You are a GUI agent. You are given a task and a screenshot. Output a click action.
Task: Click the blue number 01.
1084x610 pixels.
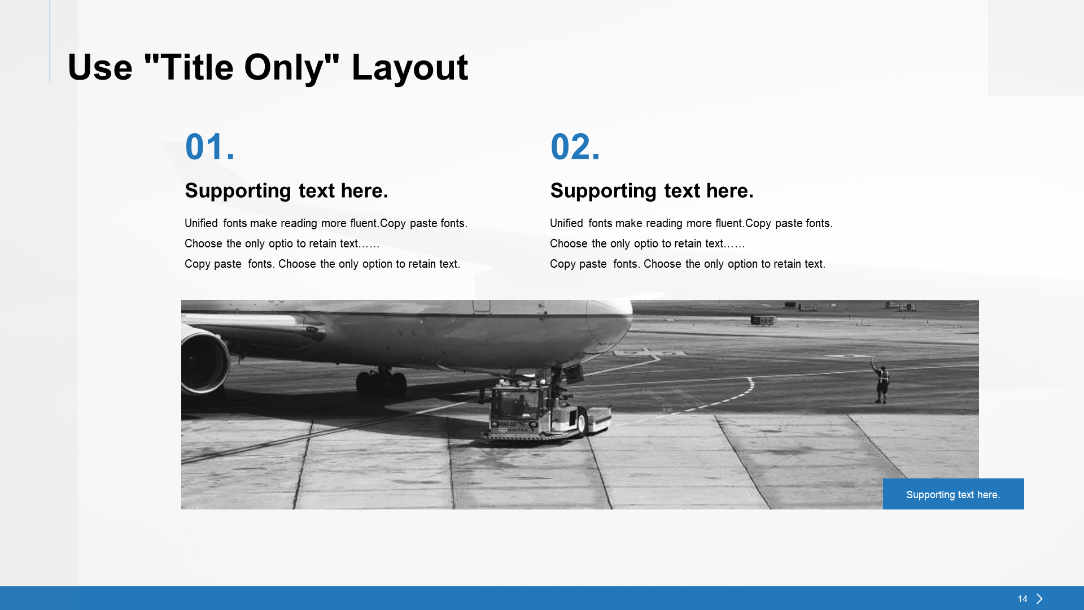pyautogui.click(x=209, y=147)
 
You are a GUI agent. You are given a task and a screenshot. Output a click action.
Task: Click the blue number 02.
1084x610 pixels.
pyautogui.click(x=575, y=147)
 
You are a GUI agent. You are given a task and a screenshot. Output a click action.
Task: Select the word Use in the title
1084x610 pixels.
pyautogui.click(x=100, y=68)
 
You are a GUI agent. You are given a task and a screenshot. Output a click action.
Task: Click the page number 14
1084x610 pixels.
pyautogui.click(x=1022, y=599)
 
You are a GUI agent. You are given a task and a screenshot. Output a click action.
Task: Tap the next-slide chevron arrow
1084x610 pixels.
pyautogui.click(x=1040, y=599)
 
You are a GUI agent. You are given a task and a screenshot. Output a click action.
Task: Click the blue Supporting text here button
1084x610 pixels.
pyautogui.click(x=953, y=494)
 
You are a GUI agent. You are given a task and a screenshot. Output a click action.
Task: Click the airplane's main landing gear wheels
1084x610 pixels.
pyautogui.click(x=382, y=382)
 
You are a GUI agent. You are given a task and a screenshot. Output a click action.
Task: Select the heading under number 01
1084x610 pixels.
pyautogui.click(x=286, y=191)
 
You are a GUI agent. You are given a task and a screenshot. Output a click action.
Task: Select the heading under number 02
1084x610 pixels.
pyautogui.click(x=652, y=191)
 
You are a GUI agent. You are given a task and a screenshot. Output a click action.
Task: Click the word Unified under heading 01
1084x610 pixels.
pyautogui.click(x=201, y=223)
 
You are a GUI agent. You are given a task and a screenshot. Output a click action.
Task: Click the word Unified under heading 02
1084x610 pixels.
pyautogui.click(x=566, y=223)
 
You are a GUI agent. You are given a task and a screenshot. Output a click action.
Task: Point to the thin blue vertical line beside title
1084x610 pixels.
pyautogui.click(x=50, y=41)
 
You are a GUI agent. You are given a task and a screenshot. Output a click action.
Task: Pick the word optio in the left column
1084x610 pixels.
pyautogui.click(x=281, y=244)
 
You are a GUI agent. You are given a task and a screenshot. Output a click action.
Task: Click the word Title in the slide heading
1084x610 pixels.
pyautogui.click(x=197, y=68)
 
